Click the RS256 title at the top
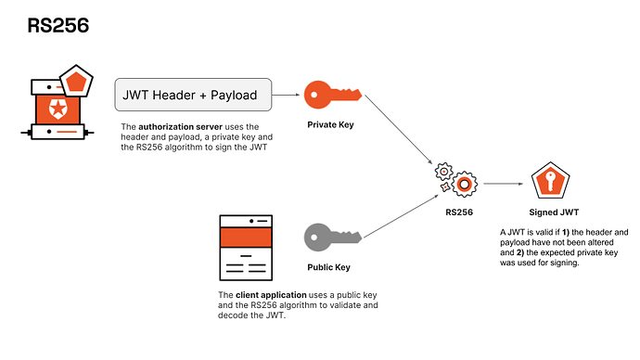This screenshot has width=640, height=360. (x=57, y=26)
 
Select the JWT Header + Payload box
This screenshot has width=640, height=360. (x=192, y=94)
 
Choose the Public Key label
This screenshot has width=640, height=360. (x=328, y=267)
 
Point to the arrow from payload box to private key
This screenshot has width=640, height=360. (x=287, y=95)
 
